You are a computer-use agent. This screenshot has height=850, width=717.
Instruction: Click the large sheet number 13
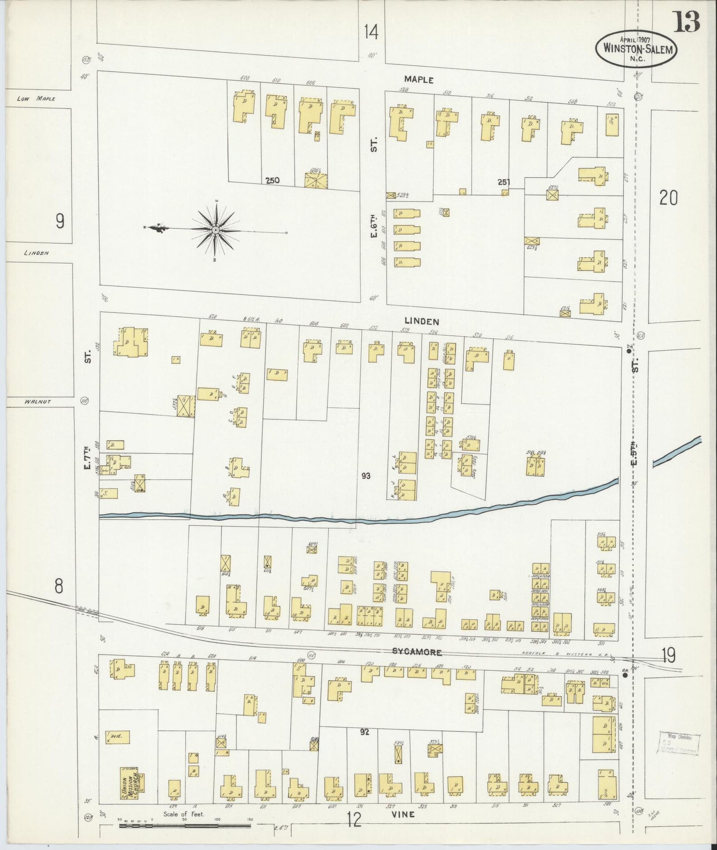tap(687, 21)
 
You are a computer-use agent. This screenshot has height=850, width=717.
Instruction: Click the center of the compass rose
tap(216, 230)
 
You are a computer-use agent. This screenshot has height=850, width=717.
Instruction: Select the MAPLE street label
tap(419, 79)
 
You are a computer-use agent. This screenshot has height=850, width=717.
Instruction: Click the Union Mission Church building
tap(129, 783)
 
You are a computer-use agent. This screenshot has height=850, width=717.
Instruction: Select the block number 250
tap(272, 181)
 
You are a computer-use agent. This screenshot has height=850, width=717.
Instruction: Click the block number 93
tap(366, 476)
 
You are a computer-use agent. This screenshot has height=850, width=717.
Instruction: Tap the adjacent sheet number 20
tap(668, 198)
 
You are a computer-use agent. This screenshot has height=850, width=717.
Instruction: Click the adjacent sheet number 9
tap(60, 221)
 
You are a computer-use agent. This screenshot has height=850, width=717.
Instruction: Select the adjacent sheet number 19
tap(668, 656)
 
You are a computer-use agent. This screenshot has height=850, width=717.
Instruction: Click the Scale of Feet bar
tap(184, 826)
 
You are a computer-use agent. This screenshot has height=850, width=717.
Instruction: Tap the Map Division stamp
tap(678, 744)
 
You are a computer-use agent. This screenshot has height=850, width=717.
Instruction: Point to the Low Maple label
tap(36, 99)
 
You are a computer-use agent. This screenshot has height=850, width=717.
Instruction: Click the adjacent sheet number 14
tap(371, 32)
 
